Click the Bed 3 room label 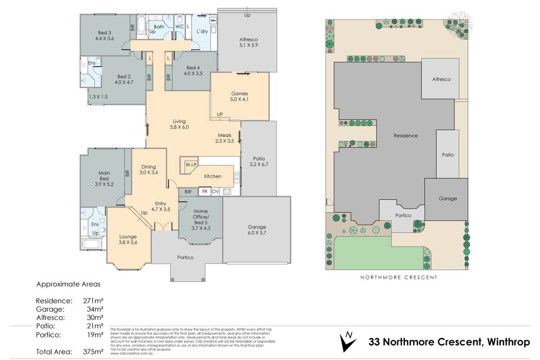[104, 35]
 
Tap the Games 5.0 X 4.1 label [239, 96]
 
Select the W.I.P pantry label [191, 165]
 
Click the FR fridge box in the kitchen [204, 191]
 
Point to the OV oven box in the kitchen [216, 191]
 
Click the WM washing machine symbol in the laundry [213, 21]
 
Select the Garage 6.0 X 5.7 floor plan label [256, 230]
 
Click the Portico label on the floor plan [185, 257]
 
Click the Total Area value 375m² [93, 352]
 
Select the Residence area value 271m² [93, 300]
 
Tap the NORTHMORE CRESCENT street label [399, 277]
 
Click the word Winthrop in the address [508, 342]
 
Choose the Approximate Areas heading [68, 284]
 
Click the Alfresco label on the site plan [441, 79]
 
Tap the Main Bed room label [104, 179]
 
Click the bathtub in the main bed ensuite [93, 244]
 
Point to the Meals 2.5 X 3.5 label [224, 138]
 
